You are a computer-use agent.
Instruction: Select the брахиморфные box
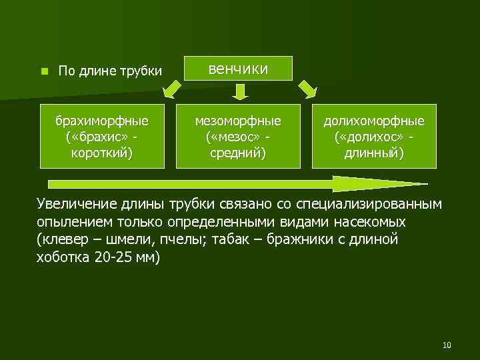click(102, 136)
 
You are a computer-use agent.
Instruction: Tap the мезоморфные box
click(238, 136)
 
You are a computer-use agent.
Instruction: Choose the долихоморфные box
click(373, 136)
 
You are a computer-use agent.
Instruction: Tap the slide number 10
click(446, 345)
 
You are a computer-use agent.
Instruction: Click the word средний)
click(238, 153)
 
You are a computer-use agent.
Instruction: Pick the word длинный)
click(373, 153)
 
